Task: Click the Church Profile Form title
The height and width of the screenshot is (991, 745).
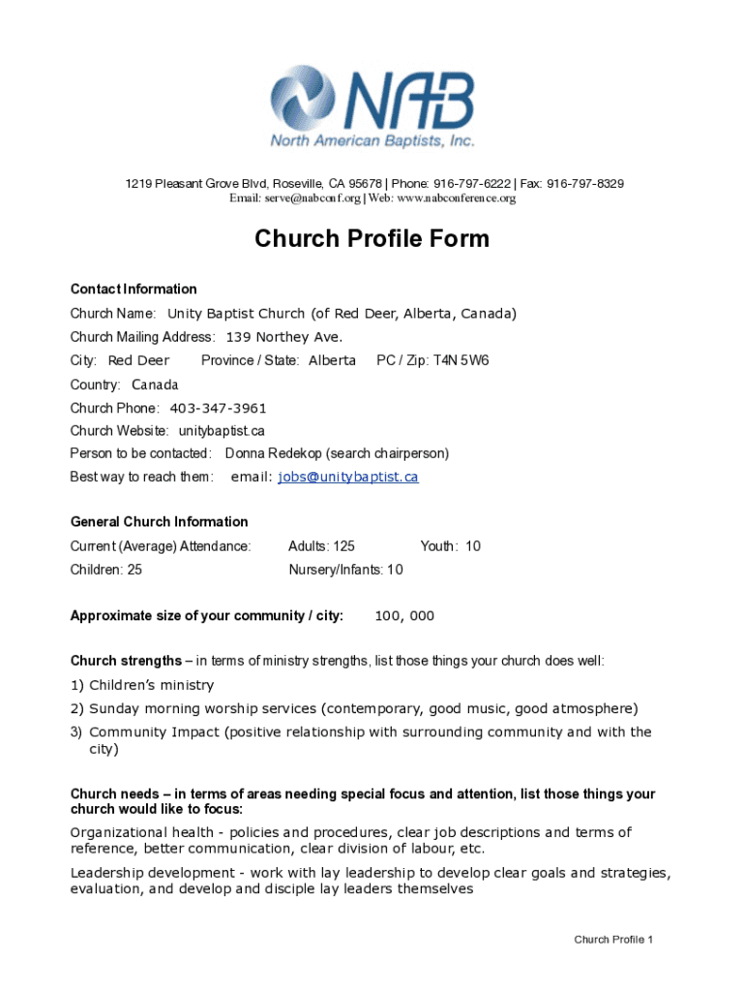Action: pos(372,239)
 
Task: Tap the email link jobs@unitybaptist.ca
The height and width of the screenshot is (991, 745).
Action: pos(347,477)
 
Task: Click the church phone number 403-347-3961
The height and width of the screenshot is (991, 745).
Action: pos(218,407)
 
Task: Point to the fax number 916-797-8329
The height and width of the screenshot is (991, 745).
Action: pos(585,184)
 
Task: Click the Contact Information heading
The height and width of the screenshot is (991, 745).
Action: pos(134,289)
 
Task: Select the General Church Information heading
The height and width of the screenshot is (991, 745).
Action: pos(159,522)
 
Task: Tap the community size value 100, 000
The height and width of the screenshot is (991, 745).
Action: pos(404,616)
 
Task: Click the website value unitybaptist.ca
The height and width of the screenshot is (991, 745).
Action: pos(222,431)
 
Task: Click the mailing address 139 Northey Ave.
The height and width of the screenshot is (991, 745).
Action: pos(284,338)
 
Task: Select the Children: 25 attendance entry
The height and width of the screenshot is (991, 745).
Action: pos(106,570)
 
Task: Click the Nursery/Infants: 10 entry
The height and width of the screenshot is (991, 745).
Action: pos(345,570)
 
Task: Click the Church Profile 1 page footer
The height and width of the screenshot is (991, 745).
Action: pos(613,940)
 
